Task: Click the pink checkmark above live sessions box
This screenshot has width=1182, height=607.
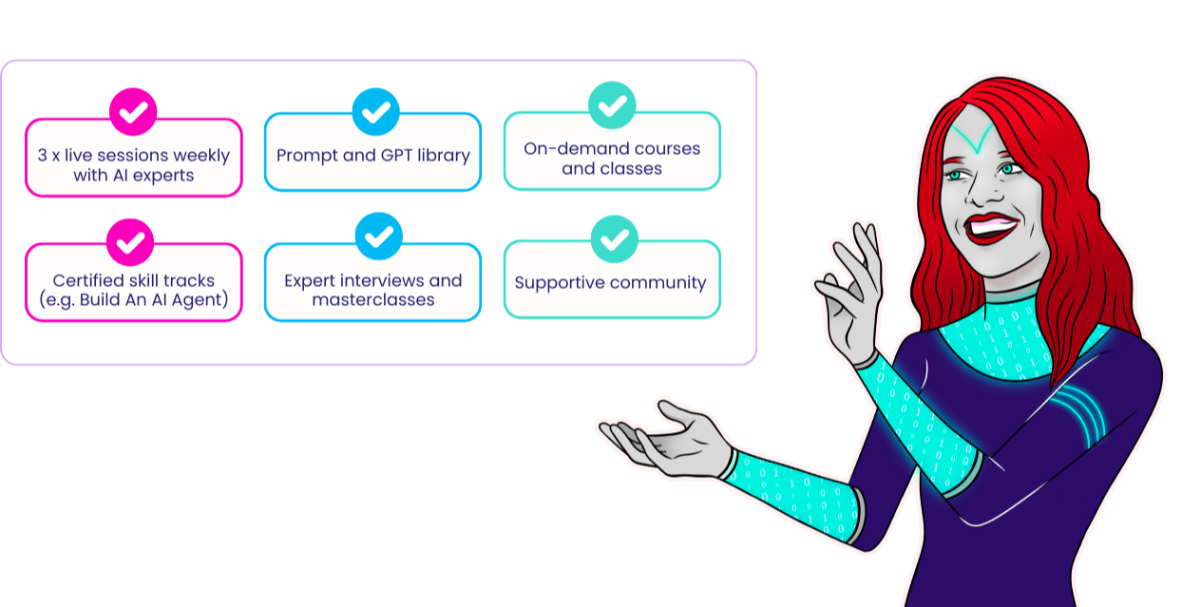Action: (133, 111)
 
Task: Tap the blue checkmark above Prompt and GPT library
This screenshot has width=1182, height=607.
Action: (375, 111)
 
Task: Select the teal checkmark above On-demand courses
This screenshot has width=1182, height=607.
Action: (612, 104)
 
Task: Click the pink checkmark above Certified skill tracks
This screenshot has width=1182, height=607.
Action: (130, 242)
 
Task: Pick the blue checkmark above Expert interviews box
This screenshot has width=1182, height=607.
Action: (379, 237)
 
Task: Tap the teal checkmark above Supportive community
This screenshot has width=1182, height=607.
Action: (615, 238)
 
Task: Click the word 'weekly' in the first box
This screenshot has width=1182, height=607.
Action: (201, 155)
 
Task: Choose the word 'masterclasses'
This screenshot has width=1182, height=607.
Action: (373, 299)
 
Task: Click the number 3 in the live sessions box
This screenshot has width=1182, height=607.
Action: (42, 155)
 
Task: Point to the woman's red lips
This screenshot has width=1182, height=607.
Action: (991, 228)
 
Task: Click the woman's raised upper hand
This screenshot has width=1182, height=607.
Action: (850, 293)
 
